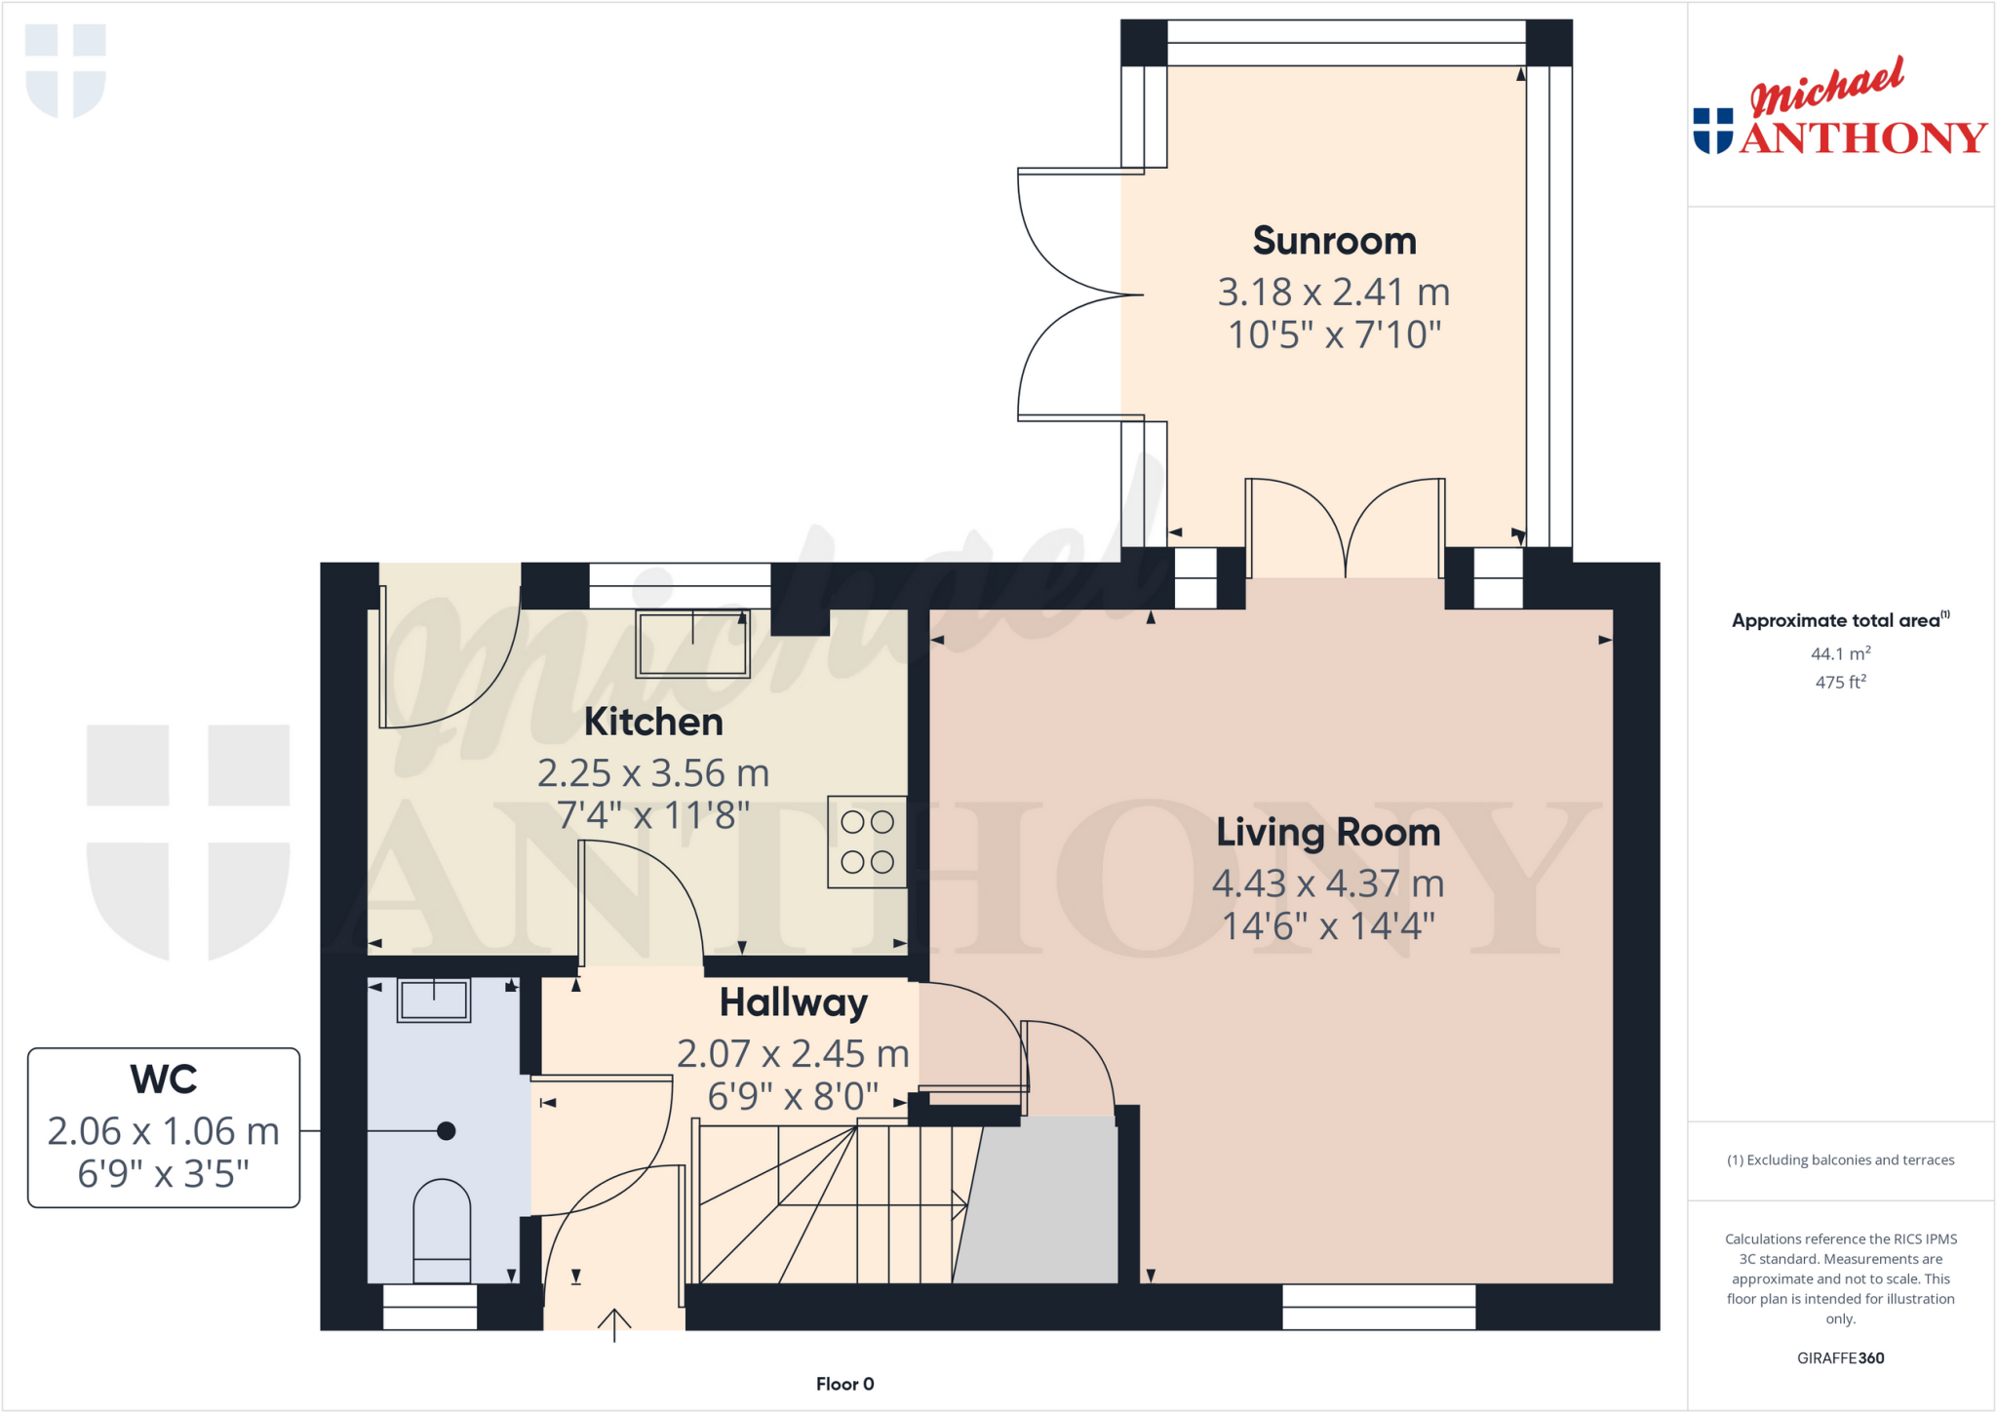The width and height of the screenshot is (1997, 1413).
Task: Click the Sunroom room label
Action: coord(1334,241)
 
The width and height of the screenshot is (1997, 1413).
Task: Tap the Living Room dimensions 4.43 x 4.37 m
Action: coord(1327,883)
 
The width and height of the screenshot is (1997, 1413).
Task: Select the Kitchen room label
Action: coord(653,723)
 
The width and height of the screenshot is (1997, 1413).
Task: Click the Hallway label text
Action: coord(793,1002)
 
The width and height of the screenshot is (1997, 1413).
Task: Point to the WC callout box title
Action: coord(164,1079)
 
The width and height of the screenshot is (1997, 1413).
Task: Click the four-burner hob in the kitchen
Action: coord(867,842)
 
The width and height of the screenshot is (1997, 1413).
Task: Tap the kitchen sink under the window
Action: coord(692,644)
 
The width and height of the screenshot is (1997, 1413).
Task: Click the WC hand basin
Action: coord(434,1000)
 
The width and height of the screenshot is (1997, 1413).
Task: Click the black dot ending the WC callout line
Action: coord(447,1131)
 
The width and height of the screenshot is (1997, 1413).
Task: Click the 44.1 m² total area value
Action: coord(1840,653)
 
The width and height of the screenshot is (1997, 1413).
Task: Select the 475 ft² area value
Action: coord(1840,682)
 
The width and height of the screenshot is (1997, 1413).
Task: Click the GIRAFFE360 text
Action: coord(1840,1357)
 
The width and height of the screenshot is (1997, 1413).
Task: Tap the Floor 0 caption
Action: coord(844,1384)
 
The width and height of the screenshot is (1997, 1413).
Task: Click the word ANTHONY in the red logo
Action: coord(1862,138)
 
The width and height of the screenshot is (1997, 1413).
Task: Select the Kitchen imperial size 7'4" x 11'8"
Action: coord(653,814)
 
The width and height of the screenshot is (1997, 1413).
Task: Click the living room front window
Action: coord(1378,1307)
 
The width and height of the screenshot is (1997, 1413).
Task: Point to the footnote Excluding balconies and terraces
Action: coord(1840,1159)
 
